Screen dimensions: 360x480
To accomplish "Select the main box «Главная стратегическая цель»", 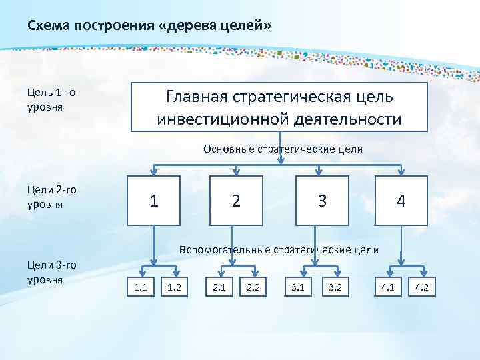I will [279, 107].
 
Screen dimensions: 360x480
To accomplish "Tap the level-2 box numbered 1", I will [154, 200].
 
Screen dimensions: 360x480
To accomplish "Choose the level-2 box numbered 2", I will [236, 200].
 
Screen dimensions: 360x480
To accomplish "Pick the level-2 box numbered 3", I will [323, 200].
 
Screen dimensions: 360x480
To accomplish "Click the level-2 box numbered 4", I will [400, 200].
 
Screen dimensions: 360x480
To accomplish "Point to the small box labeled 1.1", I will [141, 288].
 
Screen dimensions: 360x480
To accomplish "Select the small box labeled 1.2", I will [175, 288].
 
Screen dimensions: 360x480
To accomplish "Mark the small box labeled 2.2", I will [253, 288].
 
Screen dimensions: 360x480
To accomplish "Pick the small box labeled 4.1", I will [387, 288].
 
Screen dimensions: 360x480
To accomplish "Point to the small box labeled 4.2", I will [421, 288].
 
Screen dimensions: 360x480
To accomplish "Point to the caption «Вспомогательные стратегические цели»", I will [279, 250].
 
